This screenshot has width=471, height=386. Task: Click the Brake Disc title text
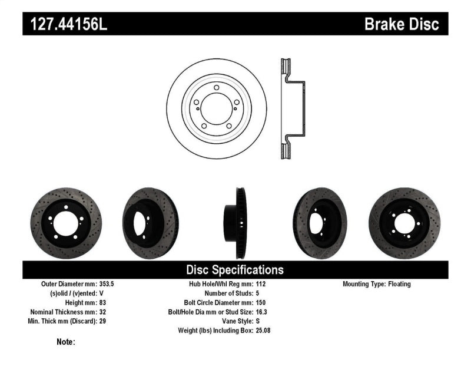(x=402, y=24)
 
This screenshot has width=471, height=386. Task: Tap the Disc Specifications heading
(x=235, y=270)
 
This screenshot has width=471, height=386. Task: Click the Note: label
(x=66, y=342)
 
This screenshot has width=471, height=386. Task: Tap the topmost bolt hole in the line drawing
(x=217, y=88)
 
